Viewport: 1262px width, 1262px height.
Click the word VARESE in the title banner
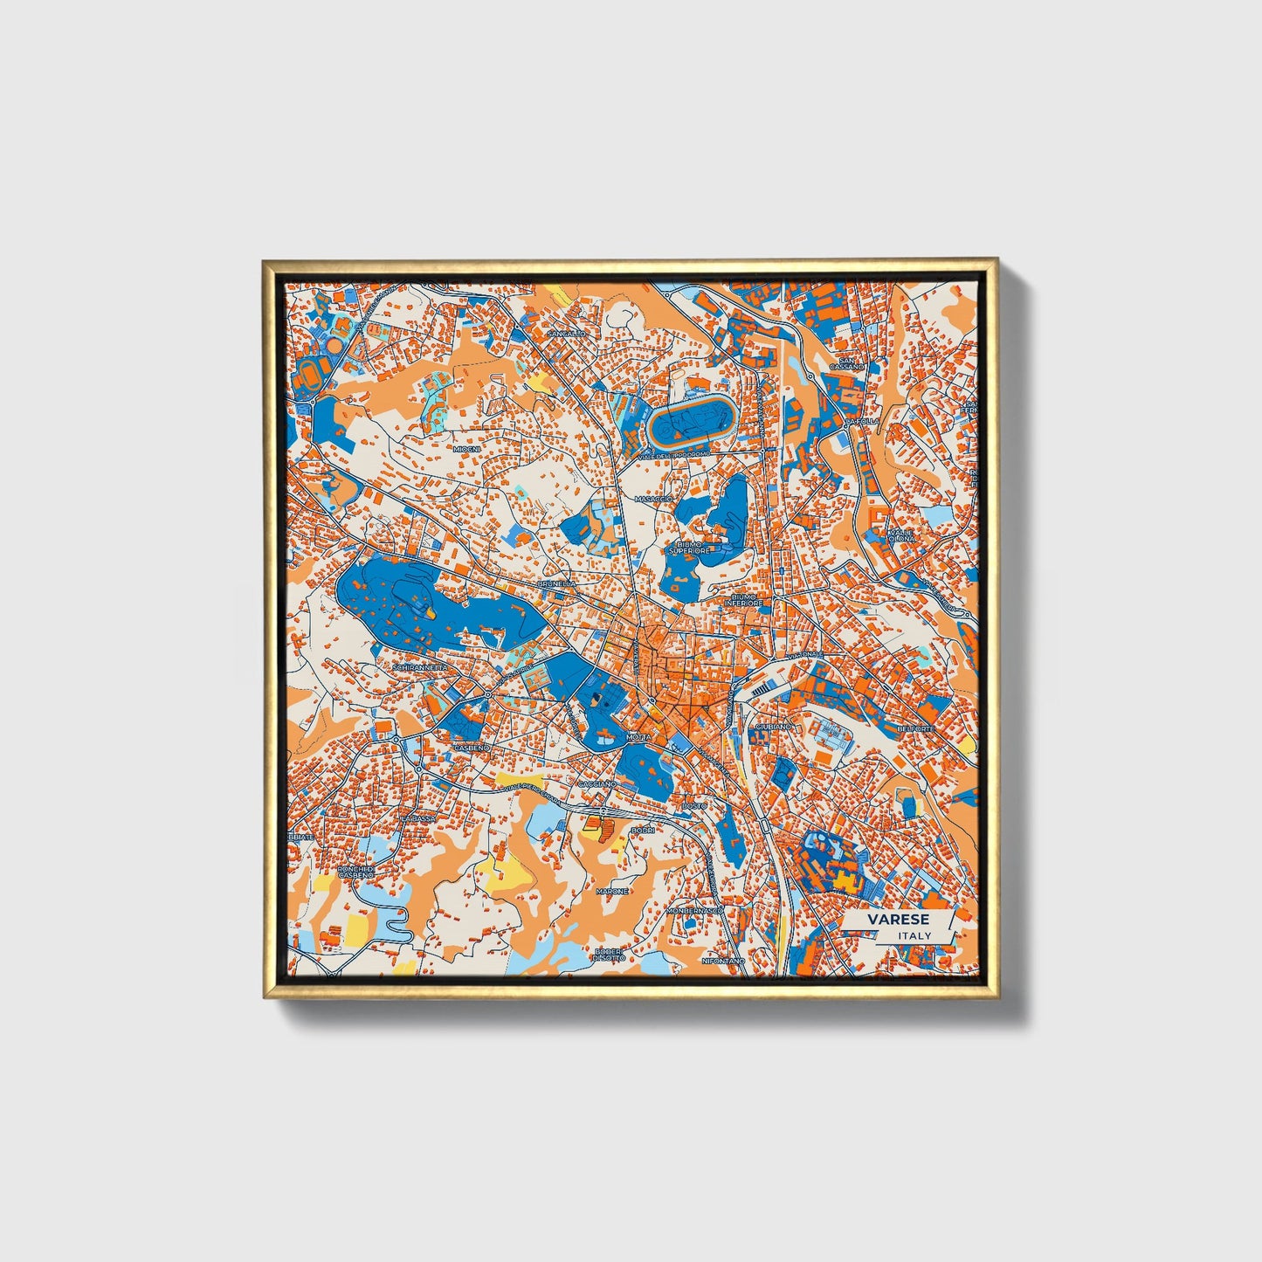click(898, 920)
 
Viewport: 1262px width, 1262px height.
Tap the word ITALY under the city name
click(914, 935)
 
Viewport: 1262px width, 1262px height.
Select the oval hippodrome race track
click(692, 423)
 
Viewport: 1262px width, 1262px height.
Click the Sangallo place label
click(566, 334)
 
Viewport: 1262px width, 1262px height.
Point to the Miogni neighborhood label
click(466, 448)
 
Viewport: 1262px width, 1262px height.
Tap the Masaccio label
click(652, 499)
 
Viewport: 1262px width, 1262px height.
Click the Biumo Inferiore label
click(744, 603)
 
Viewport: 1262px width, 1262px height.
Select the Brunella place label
click(556, 583)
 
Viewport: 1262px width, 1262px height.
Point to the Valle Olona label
click(901, 535)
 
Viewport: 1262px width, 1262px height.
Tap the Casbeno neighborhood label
click(472, 748)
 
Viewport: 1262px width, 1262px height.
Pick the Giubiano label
click(773, 726)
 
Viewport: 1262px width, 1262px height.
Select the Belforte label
click(914, 728)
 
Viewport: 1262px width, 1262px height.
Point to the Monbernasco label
click(695, 910)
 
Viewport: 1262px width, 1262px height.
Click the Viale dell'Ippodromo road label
click(675, 455)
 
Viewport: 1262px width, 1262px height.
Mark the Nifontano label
click(724, 960)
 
